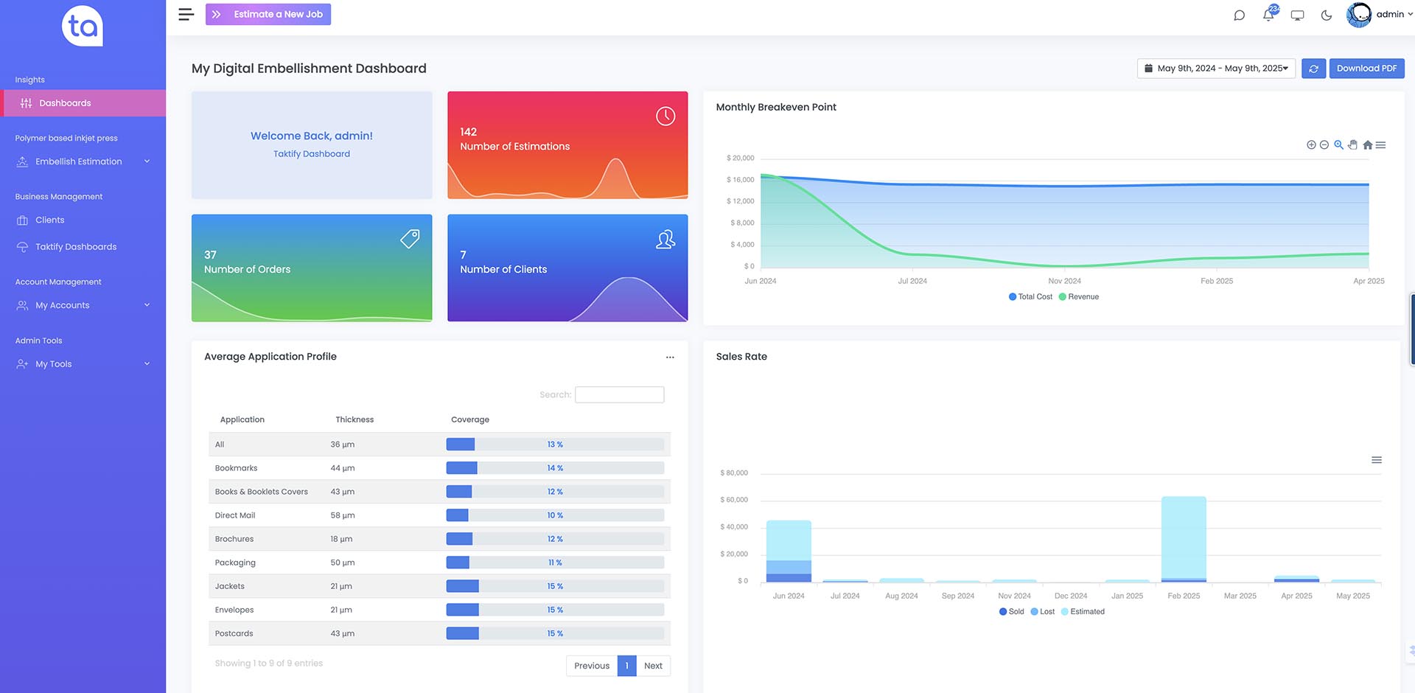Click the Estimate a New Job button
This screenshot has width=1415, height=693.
click(268, 14)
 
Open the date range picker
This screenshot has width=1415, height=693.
click(1216, 69)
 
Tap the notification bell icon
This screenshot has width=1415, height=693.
click(1268, 15)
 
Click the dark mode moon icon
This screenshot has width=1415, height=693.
click(1327, 15)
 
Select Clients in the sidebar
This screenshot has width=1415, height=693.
click(50, 220)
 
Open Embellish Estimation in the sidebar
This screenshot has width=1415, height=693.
click(79, 161)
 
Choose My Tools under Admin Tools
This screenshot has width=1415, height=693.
click(54, 364)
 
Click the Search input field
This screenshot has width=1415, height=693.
click(619, 394)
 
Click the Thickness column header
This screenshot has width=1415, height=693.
click(354, 419)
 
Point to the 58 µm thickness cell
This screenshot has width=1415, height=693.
click(343, 515)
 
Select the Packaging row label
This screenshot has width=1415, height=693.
click(235, 563)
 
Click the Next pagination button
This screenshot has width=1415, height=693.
click(653, 666)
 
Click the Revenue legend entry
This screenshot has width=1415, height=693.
click(1079, 296)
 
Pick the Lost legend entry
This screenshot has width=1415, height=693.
click(1043, 611)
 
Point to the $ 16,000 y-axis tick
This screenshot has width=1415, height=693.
click(741, 179)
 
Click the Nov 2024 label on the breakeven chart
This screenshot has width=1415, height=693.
click(1065, 281)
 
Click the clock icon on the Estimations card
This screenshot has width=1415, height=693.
click(665, 116)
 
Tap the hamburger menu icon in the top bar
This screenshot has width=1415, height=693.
click(186, 14)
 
